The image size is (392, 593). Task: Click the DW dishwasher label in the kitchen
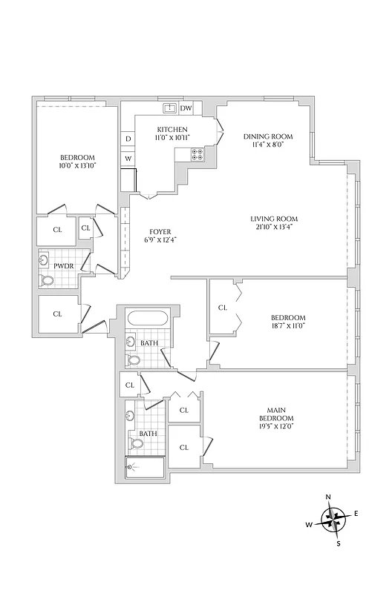[186, 108]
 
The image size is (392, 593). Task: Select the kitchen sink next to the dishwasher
[170, 108]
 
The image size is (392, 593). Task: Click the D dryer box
[128, 139]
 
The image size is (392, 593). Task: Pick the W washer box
[128, 159]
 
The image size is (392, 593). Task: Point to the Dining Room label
[268, 136]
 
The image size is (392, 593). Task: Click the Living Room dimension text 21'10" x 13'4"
[273, 228]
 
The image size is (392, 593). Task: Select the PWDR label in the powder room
[62, 265]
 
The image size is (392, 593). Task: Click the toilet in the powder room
[48, 280]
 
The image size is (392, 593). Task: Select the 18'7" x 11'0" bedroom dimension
[288, 325]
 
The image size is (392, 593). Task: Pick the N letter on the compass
[328, 497]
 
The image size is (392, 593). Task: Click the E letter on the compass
[356, 513]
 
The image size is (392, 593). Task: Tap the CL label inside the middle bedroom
[222, 307]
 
